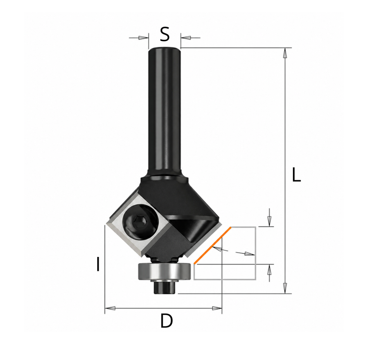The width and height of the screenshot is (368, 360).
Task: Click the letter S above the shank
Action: [x=165, y=34]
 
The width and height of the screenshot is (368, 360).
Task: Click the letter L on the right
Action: [x=296, y=174]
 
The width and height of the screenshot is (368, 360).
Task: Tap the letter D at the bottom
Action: [x=167, y=321]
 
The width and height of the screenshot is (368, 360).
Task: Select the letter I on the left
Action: [x=98, y=264]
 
